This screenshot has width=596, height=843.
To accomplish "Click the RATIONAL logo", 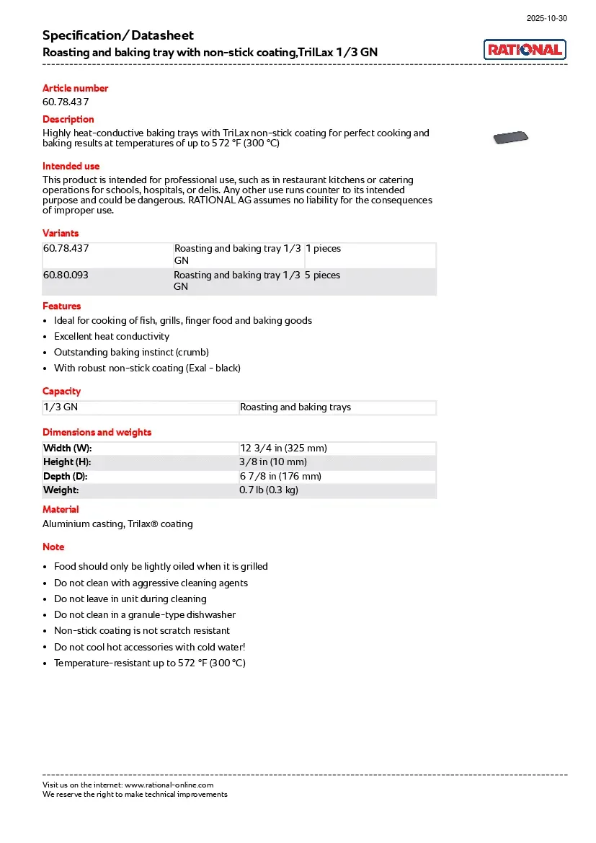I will pos(525,50).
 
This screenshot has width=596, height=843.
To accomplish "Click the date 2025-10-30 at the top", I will pos(546,18).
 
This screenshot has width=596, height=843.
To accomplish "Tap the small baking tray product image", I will pos(510,138).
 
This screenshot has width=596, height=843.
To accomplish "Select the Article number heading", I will pos(75,88).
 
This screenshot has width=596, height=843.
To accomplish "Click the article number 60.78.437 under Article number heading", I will pos(66,102).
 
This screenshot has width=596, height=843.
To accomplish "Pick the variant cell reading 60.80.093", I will pos(66,275).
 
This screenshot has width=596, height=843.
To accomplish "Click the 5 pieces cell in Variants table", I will pos(322,275).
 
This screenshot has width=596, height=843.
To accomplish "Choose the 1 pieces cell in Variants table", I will pos(323,249).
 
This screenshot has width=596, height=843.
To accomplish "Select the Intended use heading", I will pos(71,166).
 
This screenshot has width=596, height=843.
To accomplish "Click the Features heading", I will pos(61,306).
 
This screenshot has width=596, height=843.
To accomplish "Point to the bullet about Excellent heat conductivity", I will pos(112,336).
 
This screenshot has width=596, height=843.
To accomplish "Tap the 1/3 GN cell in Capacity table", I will pos(61,407).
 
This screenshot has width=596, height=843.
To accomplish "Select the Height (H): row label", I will pos(67,462).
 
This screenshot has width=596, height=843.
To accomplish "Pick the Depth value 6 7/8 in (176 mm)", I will pos(280,477).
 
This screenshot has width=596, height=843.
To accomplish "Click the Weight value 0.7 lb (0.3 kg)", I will pos(268,490).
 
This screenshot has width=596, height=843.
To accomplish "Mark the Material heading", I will pos(61,509).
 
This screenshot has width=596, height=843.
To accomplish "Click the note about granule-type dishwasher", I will pos(145,615).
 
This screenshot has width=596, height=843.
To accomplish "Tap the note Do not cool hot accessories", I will pos(149,647).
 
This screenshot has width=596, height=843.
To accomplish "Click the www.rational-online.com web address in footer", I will pos(169,785).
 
